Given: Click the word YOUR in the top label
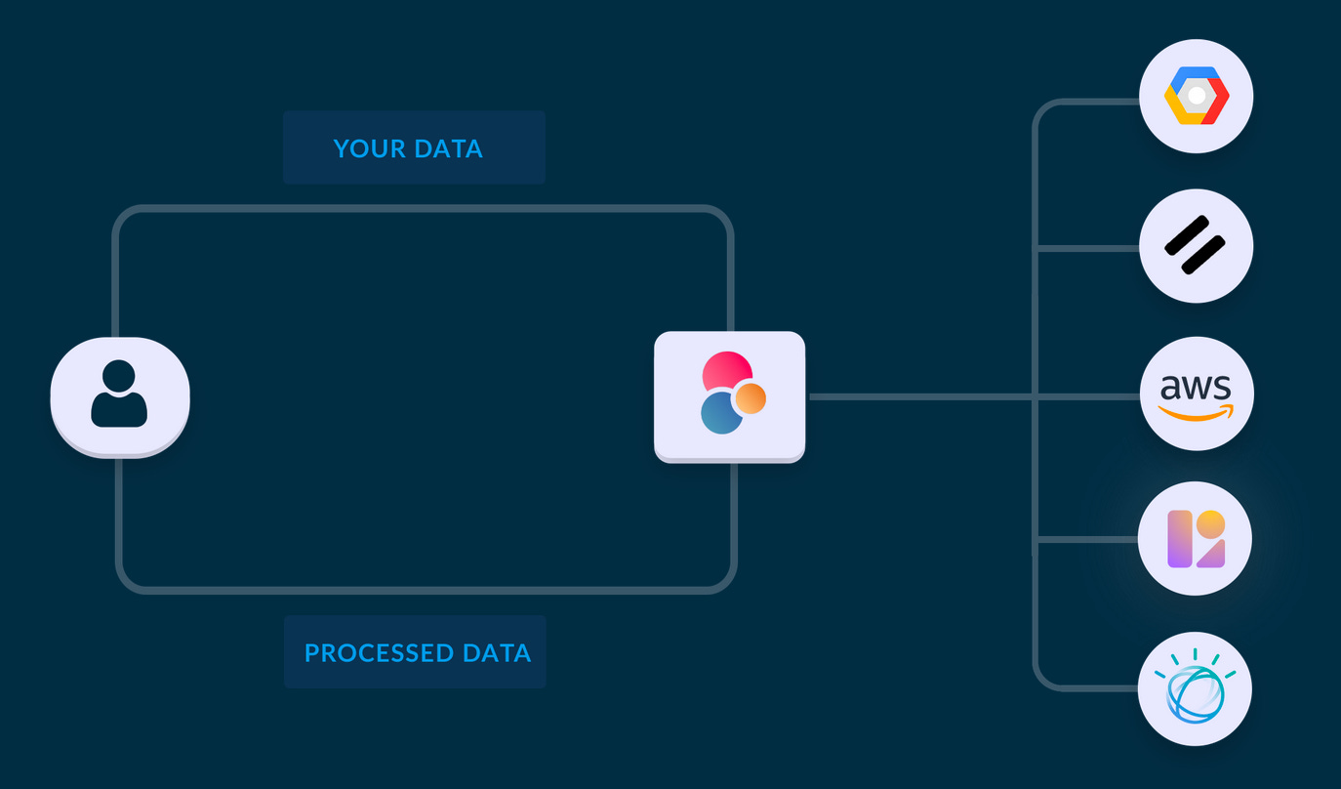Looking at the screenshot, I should tap(368, 148).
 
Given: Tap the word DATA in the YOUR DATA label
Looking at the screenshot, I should tap(448, 148).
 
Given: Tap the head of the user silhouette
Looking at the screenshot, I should tap(119, 376).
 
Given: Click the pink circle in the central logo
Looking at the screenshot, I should tap(726, 371).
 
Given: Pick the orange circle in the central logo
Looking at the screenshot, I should tap(750, 397).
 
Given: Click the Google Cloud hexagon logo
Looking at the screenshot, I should tap(1196, 96).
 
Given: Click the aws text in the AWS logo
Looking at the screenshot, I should tap(1196, 388).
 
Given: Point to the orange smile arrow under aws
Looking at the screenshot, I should tap(1196, 413).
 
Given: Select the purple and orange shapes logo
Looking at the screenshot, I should tap(1196, 538).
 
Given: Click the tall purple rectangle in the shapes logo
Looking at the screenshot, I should tap(1180, 538).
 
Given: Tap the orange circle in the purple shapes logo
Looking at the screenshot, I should tap(1210, 524).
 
